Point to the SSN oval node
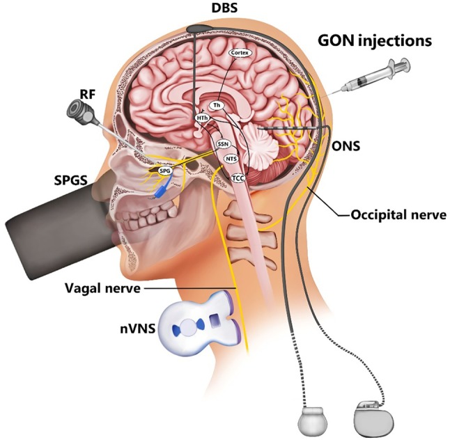[223, 143]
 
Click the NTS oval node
[232, 159]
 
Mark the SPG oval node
[165, 169]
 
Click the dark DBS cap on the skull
[201, 29]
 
